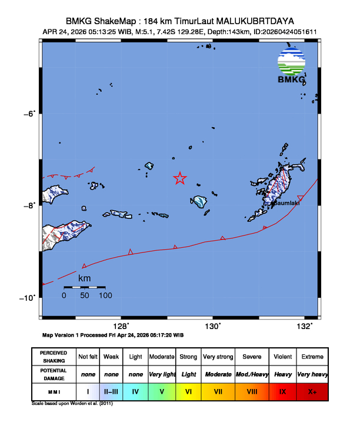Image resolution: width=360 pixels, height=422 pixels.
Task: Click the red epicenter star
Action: click(x=180, y=178)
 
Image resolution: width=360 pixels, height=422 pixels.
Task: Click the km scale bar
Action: click(x=84, y=287)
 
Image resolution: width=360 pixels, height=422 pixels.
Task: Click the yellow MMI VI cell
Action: click(x=189, y=390)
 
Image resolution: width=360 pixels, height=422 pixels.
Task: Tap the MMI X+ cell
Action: click(x=312, y=390)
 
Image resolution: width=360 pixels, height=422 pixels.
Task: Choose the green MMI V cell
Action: click(x=162, y=390)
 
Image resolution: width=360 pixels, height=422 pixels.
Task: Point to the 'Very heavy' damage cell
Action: click(x=312, y=374)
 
